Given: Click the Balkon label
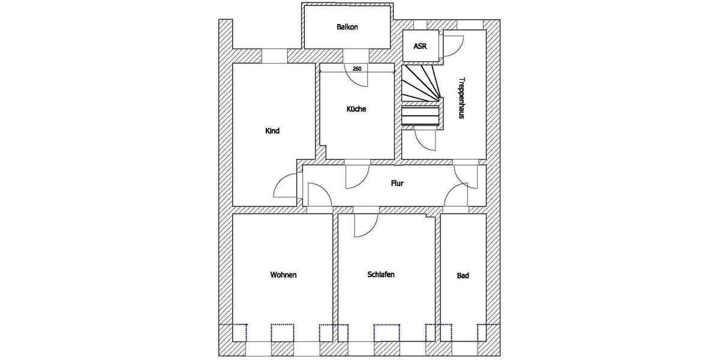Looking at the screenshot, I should [x=347, y=27].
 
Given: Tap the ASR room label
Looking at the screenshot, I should [x=420, y=46].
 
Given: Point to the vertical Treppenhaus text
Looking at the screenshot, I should [x=461, y=98].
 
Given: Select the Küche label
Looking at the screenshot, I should [x=356, y=109].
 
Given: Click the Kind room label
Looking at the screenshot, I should [x=272, y=131].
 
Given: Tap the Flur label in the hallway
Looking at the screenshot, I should [x=397, y=184].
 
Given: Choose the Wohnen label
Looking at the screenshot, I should [x=283, y=275].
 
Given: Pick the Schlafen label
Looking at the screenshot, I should [x=380, y=274].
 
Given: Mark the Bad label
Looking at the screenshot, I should [x=463, y=276].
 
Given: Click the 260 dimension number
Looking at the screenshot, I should [x=356, y=69].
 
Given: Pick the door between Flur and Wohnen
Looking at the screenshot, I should [x=318, y=194].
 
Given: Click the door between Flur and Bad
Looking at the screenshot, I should [x=455, y=195].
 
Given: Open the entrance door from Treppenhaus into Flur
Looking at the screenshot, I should [x=464, y=175].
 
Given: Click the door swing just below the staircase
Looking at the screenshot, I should [x=426, y=139].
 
